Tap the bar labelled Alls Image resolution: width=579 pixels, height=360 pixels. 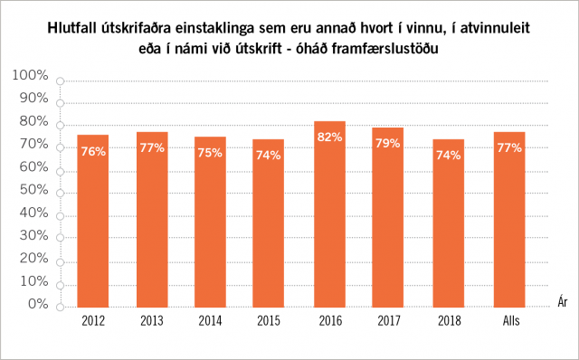[x=508, y=219]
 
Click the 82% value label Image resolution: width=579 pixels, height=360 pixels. [x=330, y=137]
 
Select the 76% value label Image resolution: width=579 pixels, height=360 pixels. [x=92, y=152]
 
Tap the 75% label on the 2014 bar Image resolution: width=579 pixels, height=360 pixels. [x=212, y=153]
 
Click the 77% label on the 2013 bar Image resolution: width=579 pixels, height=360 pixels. [x=152, y=147]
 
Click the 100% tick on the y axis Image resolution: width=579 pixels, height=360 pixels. [x=33, y=75]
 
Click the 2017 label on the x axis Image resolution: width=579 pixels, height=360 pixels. [x=390, y=321]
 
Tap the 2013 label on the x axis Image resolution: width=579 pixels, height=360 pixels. [x=152, y=321]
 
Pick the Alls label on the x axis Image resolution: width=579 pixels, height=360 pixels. [x=508, y=321]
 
